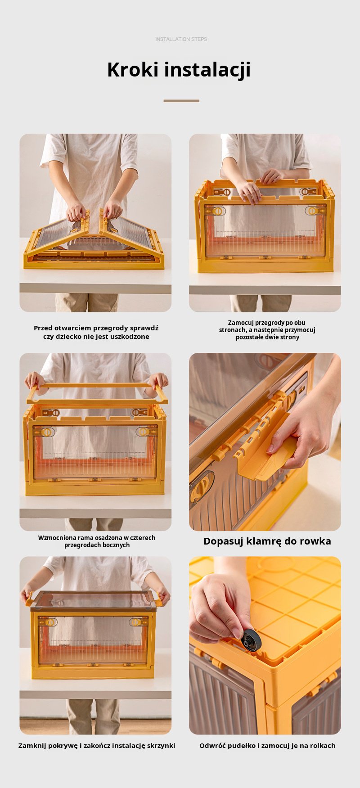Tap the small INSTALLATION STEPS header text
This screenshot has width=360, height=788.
click(x=181, y=39)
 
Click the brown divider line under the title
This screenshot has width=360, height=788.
click(x=181, y=101)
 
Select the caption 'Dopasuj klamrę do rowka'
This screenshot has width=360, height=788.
click(x=267, y=541)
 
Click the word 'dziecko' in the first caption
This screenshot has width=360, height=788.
click(x=67, y=337)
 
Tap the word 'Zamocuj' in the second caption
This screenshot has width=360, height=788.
click(x=241, y=323)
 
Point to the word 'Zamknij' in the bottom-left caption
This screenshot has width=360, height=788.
click(x=32, y=746)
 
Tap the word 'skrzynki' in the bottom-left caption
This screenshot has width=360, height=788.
click(x=160, y=746)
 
